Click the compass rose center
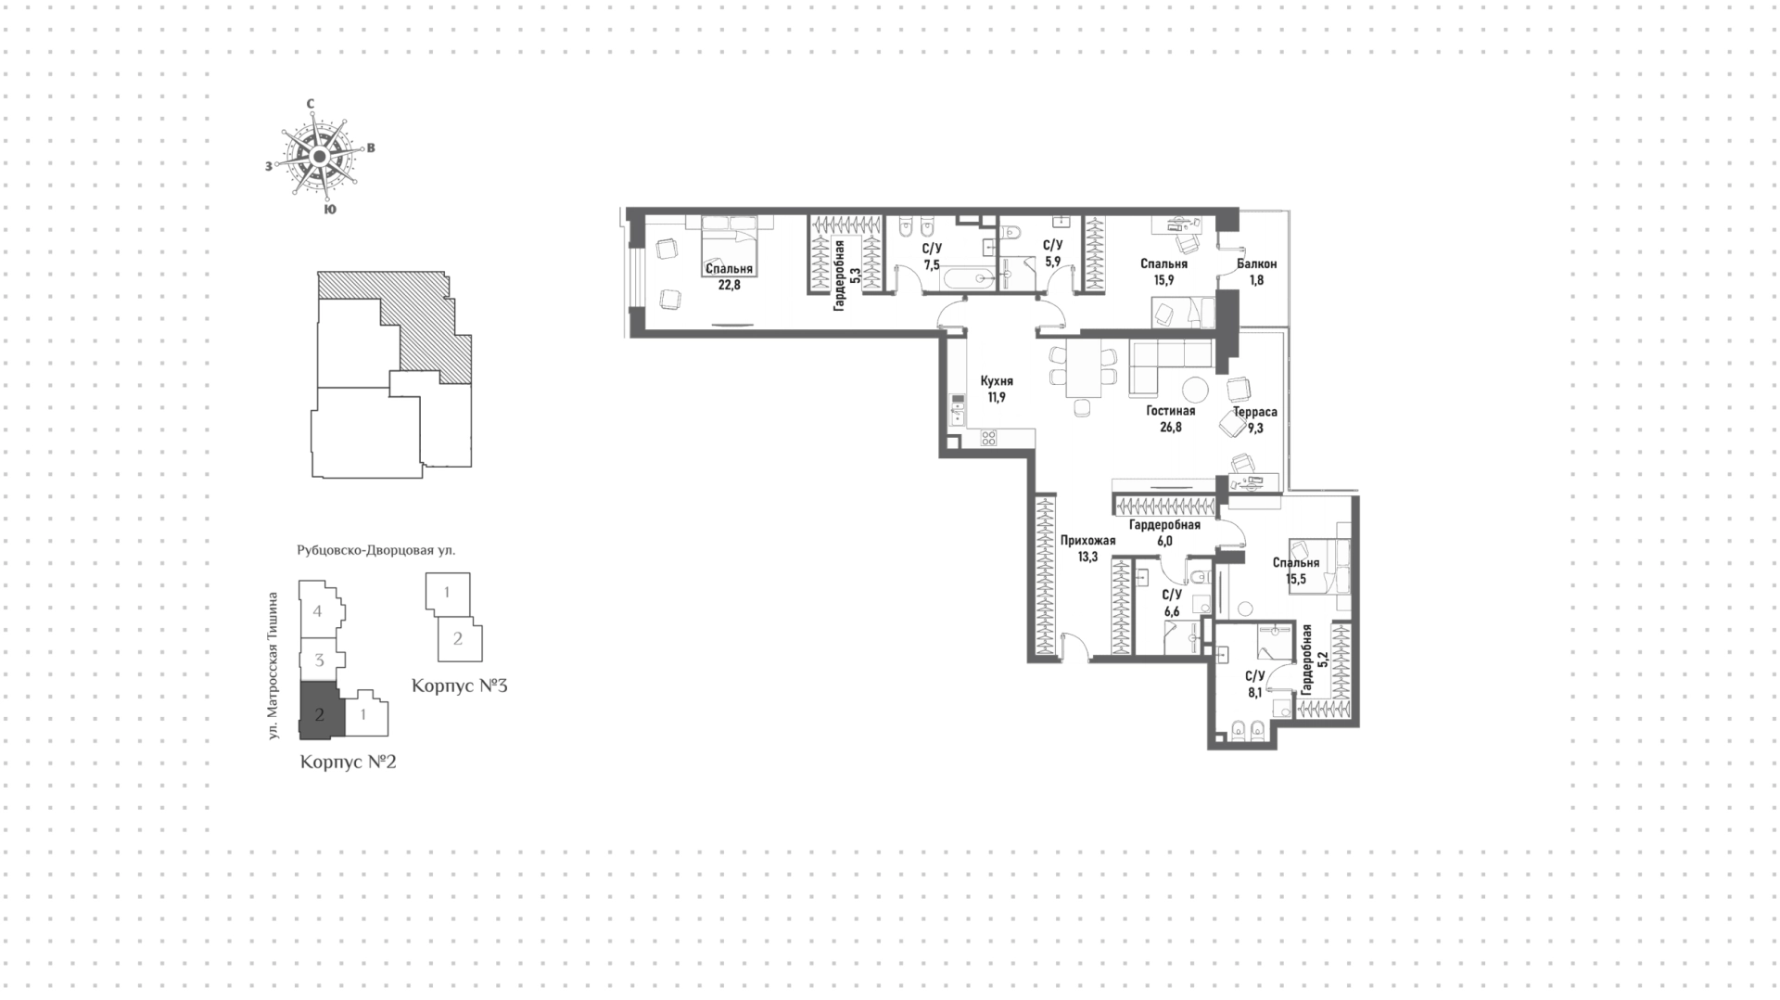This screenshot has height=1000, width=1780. coord(319,157)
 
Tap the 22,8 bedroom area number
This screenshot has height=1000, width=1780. coord(729,285)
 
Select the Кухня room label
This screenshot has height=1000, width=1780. coord(997,381)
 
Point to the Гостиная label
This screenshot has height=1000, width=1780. coord(1170,411)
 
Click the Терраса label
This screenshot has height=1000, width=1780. coord(1255,412)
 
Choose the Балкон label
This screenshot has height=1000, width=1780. coord(1256,264)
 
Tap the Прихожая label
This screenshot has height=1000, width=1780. coord(1088,541)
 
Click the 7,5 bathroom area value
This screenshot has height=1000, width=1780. coord(932,264)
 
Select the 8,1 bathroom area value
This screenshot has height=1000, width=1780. coord(1255,692)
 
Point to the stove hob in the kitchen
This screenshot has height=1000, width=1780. coord(988,438)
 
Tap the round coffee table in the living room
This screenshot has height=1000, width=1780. coord(1193,389)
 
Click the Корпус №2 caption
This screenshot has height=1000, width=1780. coord(349,763)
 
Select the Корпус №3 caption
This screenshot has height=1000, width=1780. coord(459,686)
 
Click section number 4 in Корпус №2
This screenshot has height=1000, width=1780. coord(318,611)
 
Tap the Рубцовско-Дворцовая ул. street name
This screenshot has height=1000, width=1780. coord(376,550)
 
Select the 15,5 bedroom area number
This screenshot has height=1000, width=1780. coord(1296,579)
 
